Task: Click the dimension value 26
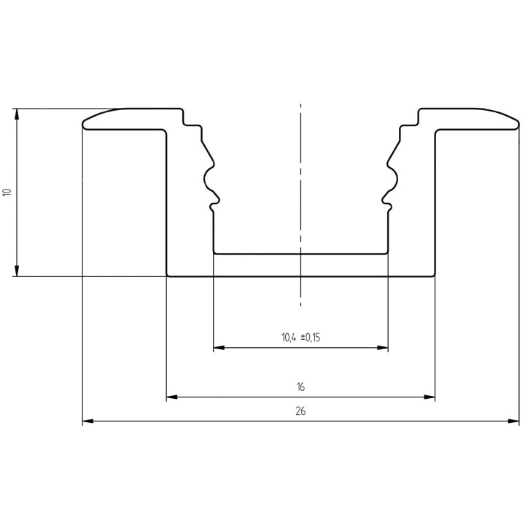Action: tap(300, 411)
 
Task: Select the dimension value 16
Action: tap(300, 386)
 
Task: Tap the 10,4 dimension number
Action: tap(289, 338)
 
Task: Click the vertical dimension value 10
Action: tap(7, 192)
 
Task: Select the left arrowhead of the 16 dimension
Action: tap(172, 397)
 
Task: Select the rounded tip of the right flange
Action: tap(517, 125)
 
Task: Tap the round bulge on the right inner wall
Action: tap(393, 176)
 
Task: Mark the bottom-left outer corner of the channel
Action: tap(168, 276)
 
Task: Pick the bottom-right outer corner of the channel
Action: tap(435, 276)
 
